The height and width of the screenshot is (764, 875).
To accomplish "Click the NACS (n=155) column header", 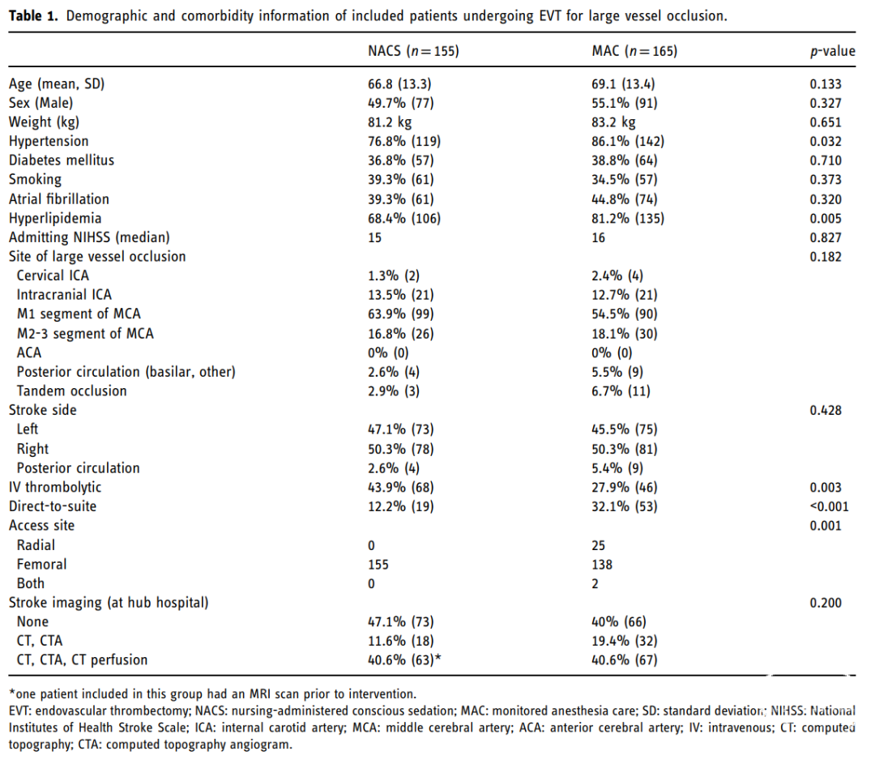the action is (413, 51).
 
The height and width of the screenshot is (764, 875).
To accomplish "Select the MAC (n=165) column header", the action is (634, 51).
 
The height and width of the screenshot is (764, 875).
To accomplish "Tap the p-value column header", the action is (833, 51).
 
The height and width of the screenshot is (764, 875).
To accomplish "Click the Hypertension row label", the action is (49, 141).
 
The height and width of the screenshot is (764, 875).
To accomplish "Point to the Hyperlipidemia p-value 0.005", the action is (826, 218).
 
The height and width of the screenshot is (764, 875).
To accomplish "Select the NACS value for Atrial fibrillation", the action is (401, 199).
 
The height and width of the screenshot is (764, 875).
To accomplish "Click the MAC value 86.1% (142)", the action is (628, 141).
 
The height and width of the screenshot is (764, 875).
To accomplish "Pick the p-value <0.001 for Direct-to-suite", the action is (830, 506).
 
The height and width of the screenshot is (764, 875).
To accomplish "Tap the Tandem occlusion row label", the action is (71, 391).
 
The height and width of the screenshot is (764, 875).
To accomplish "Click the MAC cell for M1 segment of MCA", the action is (625, 314).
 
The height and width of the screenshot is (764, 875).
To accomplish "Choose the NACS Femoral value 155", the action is (378, 564).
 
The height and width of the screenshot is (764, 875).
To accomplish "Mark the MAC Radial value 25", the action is (598, 545).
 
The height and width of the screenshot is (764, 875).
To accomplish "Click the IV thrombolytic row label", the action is (55, 487).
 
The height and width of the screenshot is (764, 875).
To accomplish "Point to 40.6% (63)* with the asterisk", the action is (404, 659).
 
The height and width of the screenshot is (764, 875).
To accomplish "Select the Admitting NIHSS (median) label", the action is (89, 237).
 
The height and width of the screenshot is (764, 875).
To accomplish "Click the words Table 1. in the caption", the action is (33, 15).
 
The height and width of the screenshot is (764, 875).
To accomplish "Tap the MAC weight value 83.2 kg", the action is (613, 122).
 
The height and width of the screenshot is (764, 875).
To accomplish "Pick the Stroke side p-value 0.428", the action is (826, 410).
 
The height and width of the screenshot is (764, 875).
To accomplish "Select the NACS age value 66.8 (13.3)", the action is (399, 83).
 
